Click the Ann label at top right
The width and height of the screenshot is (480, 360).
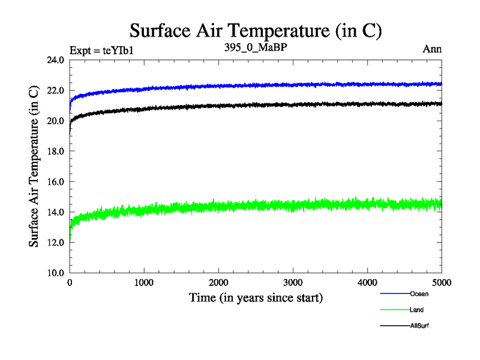pos(432,49)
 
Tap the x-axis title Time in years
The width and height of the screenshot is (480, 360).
pos(256,298)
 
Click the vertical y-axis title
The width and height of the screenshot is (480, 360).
pos(34,166)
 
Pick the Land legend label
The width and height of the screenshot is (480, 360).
pos(416,310)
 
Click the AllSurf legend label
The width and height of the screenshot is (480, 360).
pos(419,326)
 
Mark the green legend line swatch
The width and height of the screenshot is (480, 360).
pos(394,310)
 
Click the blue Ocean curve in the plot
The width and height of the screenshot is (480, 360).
pos(300,85)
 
